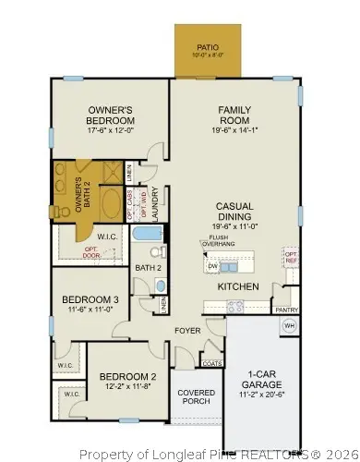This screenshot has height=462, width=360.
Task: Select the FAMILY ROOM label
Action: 234,115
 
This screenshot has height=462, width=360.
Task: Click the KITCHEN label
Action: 237,286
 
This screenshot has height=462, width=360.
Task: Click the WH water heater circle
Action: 288,325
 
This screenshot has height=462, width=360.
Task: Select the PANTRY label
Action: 287,310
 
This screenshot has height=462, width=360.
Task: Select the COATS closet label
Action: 210,363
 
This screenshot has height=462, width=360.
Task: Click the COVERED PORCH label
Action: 196,398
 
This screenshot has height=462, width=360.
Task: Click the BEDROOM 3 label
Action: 90,299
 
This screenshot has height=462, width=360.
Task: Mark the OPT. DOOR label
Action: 90,251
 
